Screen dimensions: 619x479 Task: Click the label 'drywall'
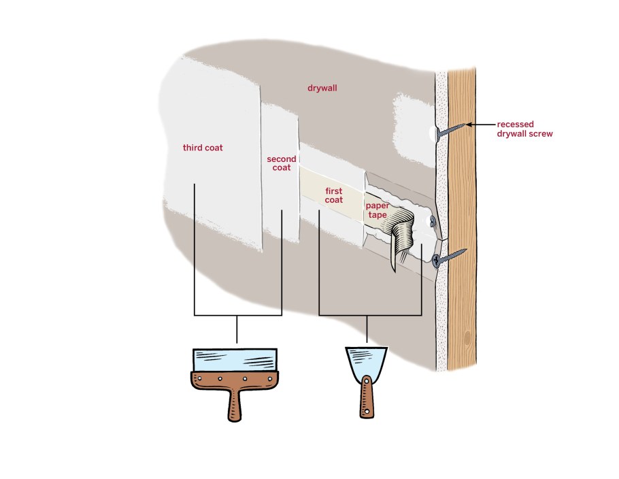(322, 88)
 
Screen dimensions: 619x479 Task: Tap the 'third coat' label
(203, 148)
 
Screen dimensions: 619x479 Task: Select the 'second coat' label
(282, 163)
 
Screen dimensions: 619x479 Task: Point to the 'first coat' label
(333, 195)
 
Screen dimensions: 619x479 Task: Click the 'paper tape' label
(378, 210)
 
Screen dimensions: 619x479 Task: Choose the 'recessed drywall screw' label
(524, 129)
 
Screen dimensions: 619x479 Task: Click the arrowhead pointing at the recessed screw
(469, 125)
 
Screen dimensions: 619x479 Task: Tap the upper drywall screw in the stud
(450, 131)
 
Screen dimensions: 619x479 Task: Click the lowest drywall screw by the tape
(449, 257)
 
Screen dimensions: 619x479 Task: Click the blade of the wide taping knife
(235, 360)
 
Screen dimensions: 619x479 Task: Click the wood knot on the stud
(468, 338)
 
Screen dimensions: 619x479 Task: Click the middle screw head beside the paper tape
(433, 221)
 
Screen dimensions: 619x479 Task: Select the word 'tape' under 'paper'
(378, 215)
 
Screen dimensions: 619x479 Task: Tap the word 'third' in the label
(192, 148)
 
